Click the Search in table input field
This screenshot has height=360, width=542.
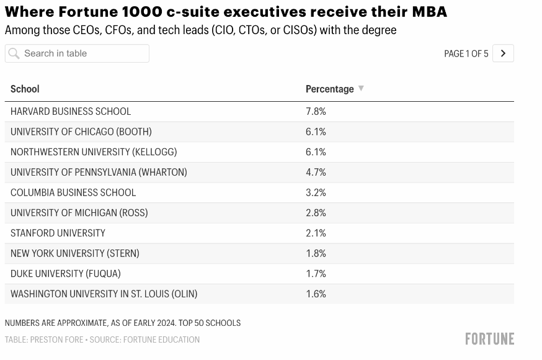tap(77, 53)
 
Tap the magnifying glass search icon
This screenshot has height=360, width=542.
tap(14, 53)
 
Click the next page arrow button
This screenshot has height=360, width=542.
tap(503, 53)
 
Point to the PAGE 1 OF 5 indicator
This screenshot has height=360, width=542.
tap(466, 53)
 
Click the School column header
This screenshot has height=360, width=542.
tap(25, 89)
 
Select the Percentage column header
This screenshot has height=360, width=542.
tap(330, 89)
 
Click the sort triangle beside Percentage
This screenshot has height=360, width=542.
tap(361, 88)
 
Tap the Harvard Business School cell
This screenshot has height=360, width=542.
tap(71, 111)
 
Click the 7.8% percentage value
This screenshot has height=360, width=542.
tap(316, 111)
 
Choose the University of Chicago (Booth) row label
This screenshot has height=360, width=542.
tap(81, 132)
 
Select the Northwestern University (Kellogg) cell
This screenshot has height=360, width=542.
tap(94, 152)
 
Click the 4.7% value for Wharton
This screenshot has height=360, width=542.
tap(316, 172)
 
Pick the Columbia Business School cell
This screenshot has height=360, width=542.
tap(73, 192)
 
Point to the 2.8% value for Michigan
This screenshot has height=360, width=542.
tap(316, 213)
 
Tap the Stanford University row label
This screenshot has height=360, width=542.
tap(58, 233)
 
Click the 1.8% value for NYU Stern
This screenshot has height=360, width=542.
tap(316, 253)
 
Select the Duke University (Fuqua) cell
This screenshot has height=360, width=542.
tap(65, 274)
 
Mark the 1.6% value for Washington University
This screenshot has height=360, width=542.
tap(316, 294)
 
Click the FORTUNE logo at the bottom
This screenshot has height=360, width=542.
tap(490, 339)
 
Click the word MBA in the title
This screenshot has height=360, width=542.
tap(429, 12)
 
